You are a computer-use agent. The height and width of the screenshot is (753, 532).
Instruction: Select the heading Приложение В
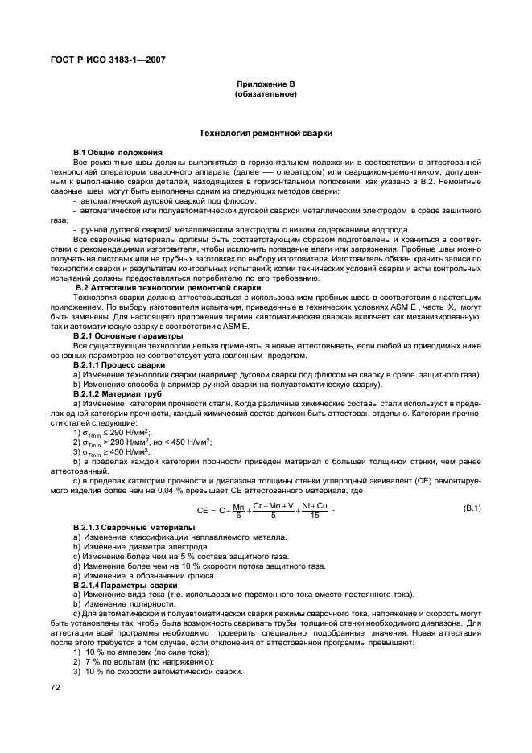(x=265, y=84)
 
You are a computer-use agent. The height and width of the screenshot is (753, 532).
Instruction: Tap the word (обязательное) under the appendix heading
(x=265, y=94)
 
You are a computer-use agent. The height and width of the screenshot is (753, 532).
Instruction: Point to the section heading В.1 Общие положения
(x=118, y=151)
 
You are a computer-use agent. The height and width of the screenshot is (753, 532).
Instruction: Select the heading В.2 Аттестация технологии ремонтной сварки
(x=168, y=286)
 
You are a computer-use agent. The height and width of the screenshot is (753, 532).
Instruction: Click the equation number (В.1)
(x=472, y=508)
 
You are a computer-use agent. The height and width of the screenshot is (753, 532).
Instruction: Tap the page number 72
(x=56, y=688)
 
